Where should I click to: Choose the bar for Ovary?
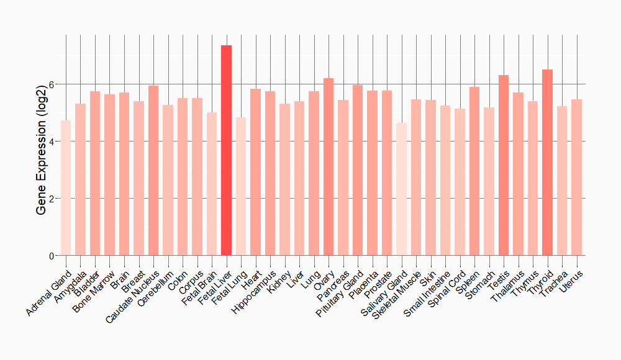tap(329, 167)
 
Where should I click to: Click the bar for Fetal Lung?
tap(241, 186)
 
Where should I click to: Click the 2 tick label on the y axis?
tap(52, 199)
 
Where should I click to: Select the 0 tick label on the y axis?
tap(52, 256)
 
